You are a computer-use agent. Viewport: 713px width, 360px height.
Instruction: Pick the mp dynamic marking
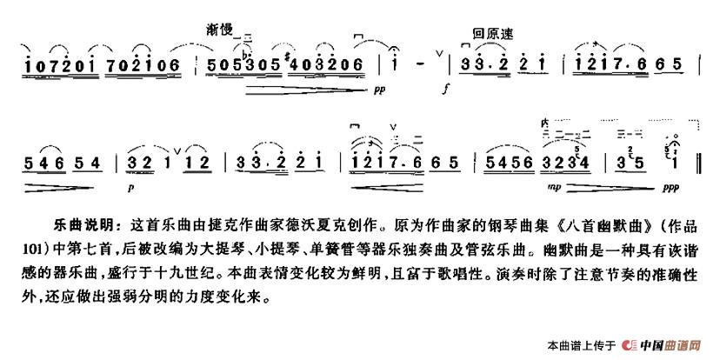(553, 186)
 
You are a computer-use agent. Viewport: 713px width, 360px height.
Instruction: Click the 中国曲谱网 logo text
(670, 344)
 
